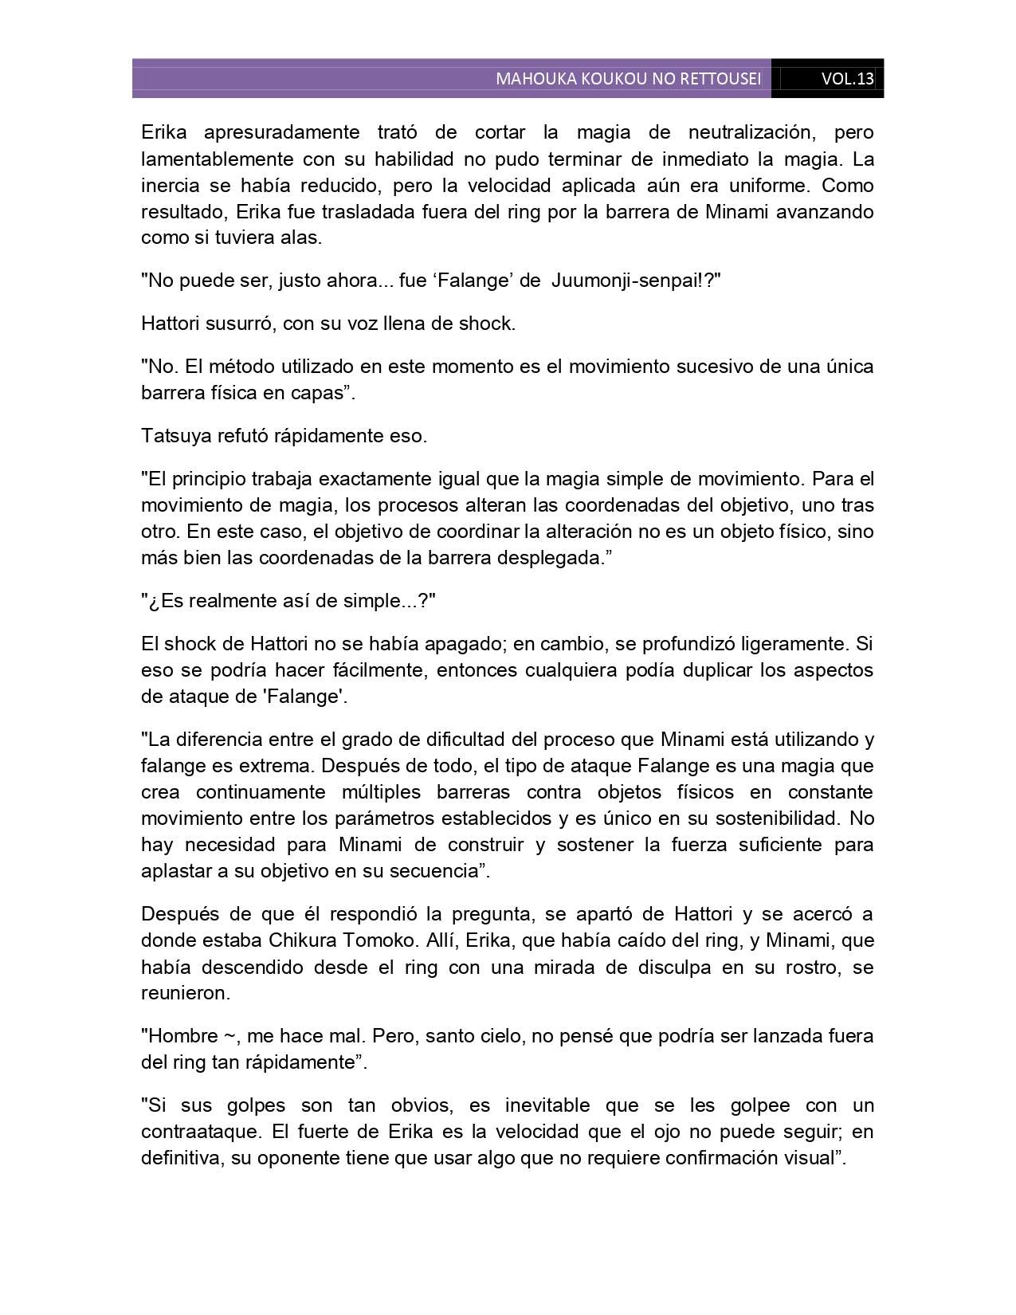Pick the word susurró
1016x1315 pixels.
(x=238, y=324)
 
